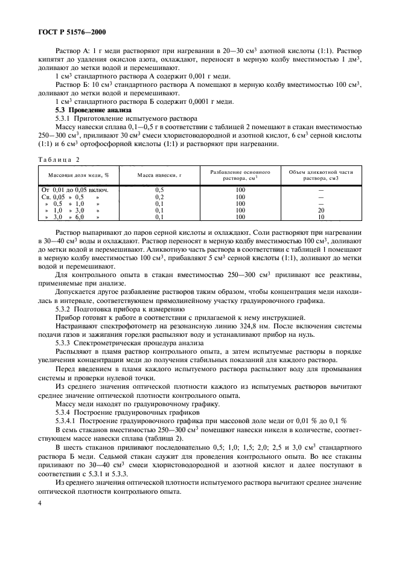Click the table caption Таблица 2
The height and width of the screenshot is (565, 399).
(x=59, y=159)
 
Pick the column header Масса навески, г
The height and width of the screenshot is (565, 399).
(x=159, y=174)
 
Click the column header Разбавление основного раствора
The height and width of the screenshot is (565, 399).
(x=240, y=174)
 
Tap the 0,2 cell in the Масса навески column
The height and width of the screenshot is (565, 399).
(x=159, y=197)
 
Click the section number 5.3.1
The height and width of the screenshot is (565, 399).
(x=65, y=119)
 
